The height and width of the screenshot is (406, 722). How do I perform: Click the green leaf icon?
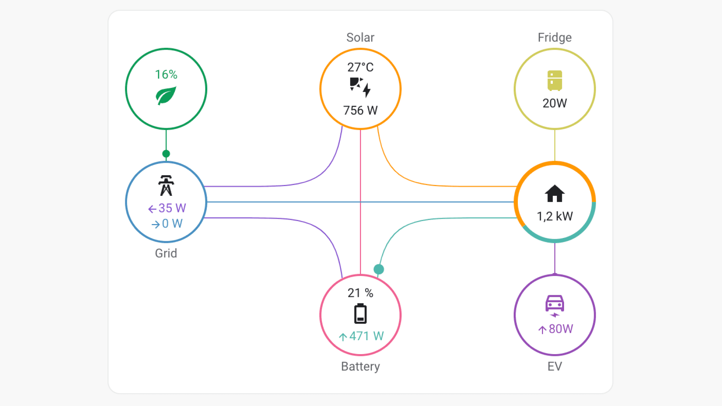click(166, 95)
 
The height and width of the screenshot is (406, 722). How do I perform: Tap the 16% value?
click(166, 74)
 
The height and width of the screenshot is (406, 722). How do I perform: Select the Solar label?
click(360, 38)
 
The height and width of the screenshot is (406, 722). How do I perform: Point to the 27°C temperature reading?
click(360, 67)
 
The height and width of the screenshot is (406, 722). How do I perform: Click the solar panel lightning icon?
click(360, 87)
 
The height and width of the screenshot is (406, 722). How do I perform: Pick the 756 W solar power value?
click(360, 111)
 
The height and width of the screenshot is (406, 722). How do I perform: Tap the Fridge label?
click(555, 38)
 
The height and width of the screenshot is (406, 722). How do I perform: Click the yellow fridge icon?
click(555, 80)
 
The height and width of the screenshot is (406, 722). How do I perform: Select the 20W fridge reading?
click(555, 103)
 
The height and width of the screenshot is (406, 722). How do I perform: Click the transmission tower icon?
click(166, 185)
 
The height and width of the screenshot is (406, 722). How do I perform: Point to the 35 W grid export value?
click(167, 208)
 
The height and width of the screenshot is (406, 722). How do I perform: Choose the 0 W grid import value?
click(167, 224)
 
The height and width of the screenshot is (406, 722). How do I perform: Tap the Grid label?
click(166, 253)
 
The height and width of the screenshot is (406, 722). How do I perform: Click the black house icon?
click(555, 194)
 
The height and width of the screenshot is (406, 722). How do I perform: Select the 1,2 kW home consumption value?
click(555, 216)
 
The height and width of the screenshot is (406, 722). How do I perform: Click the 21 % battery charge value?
click(360, 293)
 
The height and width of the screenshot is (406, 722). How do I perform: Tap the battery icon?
click(360, 314)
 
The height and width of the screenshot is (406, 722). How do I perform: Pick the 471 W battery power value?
click(361, 336)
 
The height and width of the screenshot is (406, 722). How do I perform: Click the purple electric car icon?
click(555, 305)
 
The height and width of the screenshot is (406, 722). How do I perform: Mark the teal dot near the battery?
click(379, 269)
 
